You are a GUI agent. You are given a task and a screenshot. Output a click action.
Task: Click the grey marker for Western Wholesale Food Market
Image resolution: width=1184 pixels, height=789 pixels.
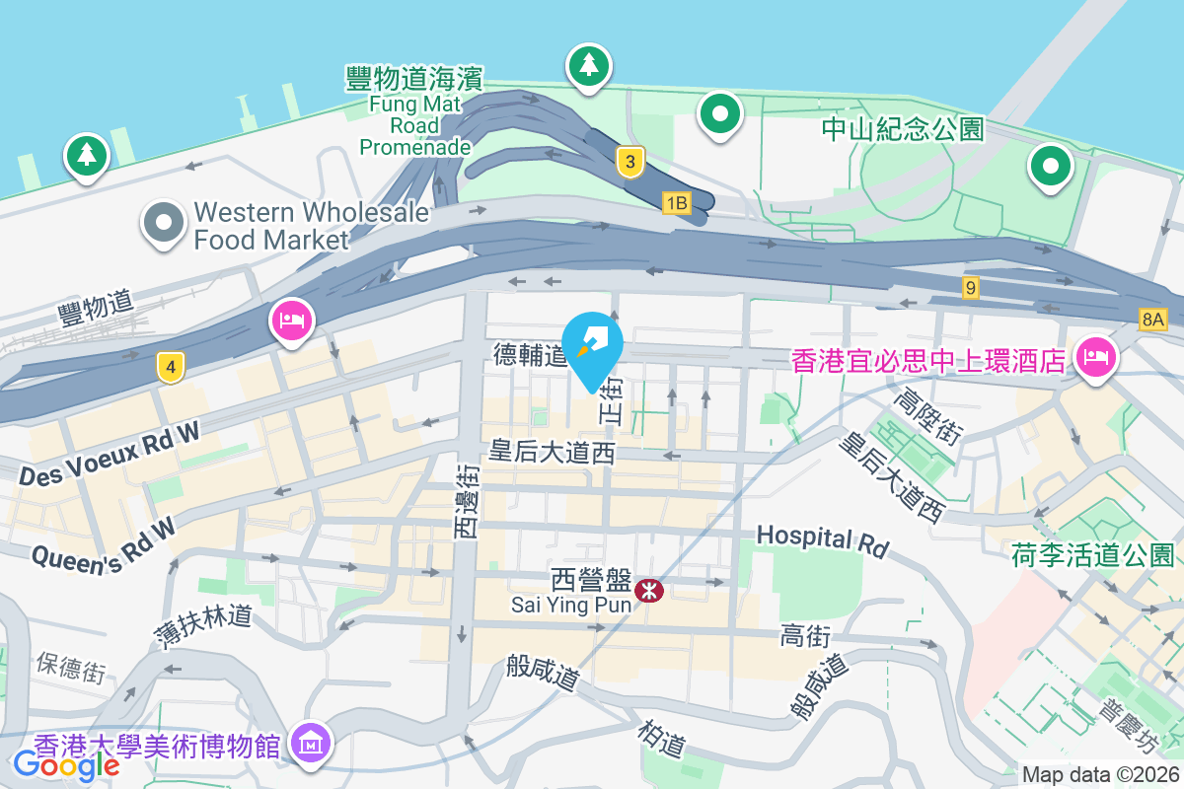(164, 223)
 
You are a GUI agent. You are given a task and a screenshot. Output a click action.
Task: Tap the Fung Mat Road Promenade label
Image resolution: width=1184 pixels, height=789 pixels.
(414, 111)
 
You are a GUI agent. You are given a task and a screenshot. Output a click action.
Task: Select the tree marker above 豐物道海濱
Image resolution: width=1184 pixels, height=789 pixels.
(588, 65)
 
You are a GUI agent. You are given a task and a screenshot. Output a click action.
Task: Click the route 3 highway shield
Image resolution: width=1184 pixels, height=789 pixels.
(629, 162)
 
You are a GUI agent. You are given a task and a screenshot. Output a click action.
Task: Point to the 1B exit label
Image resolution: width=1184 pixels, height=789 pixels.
(675, 203)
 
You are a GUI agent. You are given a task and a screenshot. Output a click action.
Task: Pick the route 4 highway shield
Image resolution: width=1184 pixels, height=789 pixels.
(171, 368)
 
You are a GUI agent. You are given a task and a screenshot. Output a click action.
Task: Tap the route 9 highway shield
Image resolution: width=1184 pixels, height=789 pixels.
(972, 288)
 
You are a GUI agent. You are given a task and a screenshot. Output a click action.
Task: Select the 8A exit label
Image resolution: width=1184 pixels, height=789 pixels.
(1151, 319)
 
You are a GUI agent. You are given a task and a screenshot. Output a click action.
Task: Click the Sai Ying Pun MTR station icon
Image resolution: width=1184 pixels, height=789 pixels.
(649, 591)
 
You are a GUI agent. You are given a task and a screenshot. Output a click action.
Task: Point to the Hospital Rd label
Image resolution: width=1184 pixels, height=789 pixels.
(823, 539)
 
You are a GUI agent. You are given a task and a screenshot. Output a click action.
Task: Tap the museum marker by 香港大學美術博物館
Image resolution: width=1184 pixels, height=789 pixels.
(313, 742)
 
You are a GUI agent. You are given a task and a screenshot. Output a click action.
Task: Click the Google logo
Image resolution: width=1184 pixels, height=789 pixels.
(67, 763)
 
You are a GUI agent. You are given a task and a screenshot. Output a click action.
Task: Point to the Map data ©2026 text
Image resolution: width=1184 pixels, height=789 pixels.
(1099, 775)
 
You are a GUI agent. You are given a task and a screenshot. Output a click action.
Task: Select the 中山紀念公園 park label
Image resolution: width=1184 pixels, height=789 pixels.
(903, 129)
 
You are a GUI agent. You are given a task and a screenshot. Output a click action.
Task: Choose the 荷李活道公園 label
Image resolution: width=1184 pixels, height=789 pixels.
(1093, 555)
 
